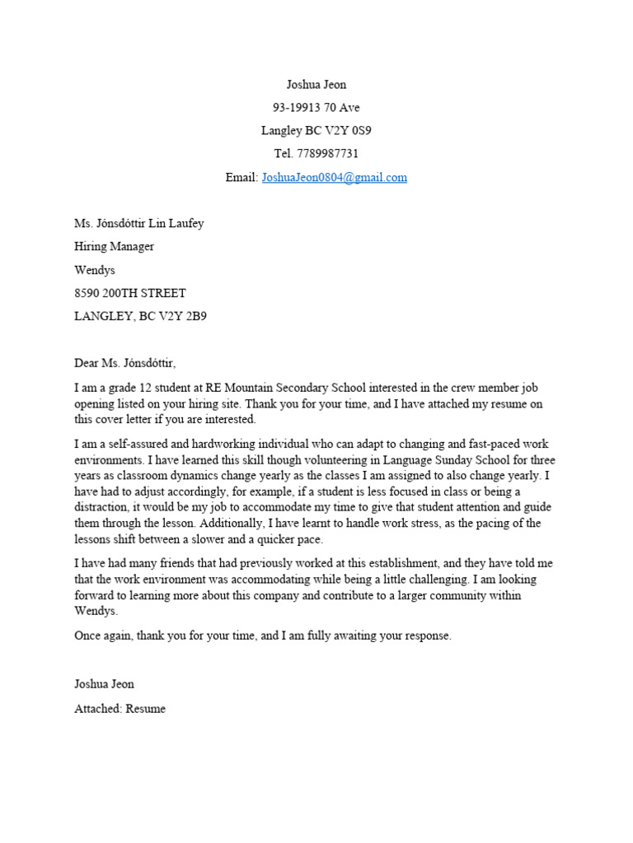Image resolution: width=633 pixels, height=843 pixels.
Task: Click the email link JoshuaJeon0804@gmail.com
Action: coord(334,177)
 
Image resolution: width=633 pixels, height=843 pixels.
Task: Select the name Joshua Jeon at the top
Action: coord(316,84)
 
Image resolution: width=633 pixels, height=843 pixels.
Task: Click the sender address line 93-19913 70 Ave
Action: coord(316,107)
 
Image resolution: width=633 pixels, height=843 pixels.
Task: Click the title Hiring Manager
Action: coord(114,246)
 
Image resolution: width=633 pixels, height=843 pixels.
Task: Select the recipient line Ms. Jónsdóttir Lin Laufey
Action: coord(138,223)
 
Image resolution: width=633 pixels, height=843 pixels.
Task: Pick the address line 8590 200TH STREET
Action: coord(130,293)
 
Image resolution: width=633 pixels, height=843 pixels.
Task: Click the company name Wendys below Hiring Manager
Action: coord(96,269)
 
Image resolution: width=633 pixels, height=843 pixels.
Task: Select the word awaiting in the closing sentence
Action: coord(357,636)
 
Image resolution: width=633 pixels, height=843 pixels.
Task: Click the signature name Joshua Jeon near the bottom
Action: coord(104,684)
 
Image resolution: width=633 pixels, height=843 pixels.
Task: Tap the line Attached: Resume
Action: coord(120,708)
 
